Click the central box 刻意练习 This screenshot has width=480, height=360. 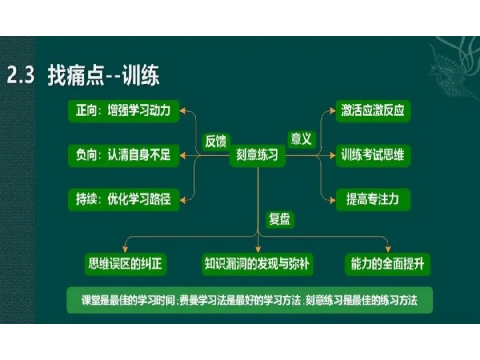click(x=257, y=155)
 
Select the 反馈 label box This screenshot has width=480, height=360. click(x=216, y=141)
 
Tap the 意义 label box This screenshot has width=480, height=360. click(x=301, y=139)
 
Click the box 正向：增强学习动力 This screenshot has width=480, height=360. click(x=123, y=111)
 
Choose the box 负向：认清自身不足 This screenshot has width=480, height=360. click(x=123, y=155)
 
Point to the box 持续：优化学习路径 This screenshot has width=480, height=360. click(x=123, y=199)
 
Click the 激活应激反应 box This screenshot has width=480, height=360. click(x=372, y=111)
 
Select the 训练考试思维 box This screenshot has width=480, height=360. click(x=372, y=155)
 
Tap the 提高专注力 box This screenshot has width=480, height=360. click(x=372, y=199)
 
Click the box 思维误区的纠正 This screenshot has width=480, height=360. click(x=125, y=264)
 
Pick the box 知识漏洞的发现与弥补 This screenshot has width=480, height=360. click(x=257, y=264)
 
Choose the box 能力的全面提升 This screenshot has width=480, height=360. click(x=388, y=264)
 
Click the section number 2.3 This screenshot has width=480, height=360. click(x=20, y=76)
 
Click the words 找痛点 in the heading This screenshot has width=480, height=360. click(x=75, y=76)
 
